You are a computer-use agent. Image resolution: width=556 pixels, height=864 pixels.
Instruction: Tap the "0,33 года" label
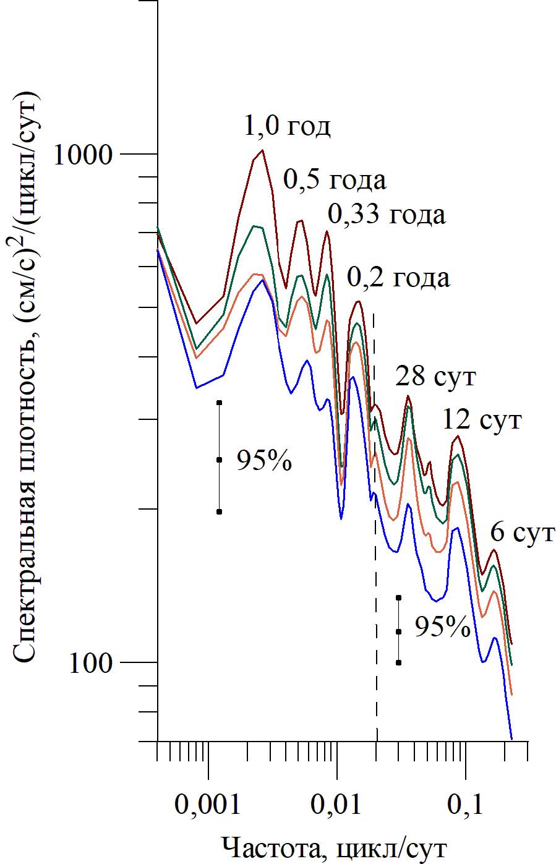click(x=386, y=215)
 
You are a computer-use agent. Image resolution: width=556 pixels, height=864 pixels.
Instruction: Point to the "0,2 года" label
click(x=398, y=278)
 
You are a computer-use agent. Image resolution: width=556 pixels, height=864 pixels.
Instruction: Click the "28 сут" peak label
click(x=436, y=376)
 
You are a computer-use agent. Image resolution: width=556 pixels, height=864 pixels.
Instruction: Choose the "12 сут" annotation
click(x=482, y=421)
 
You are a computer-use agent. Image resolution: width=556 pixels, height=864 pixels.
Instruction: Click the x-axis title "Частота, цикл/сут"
click(x=334, y=847)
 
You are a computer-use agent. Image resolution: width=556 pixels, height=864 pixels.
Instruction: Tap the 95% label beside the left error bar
click(x=264, y=460)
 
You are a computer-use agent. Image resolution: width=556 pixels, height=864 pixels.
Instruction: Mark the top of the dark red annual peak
click(x=263, y=150)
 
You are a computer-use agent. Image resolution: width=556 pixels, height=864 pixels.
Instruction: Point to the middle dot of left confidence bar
click(x=219, y=460)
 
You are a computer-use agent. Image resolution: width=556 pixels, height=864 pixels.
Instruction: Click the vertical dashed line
click(x=375, y=557)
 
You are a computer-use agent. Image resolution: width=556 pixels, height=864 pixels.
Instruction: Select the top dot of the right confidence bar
click(x=399, y=597)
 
